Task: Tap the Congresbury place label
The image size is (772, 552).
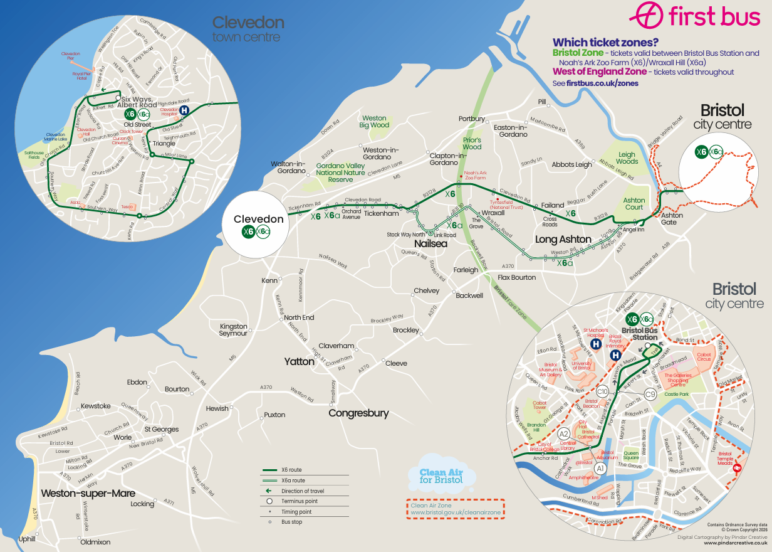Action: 358,413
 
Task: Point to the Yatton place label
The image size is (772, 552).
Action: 299,361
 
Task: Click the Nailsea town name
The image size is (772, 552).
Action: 430,243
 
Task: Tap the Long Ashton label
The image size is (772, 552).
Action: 563,240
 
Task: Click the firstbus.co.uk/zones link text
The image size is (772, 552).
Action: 602,83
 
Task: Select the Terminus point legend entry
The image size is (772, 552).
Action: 269,501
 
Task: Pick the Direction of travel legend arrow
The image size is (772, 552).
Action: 269,491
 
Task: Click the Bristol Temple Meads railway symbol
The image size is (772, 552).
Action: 738,467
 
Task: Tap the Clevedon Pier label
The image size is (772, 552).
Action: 70,56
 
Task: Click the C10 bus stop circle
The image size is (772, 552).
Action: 603,392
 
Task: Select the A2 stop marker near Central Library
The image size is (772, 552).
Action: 563,433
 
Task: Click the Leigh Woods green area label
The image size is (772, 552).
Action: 627,157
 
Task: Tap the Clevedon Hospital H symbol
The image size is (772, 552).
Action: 184,110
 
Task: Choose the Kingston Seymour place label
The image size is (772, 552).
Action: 233,330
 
